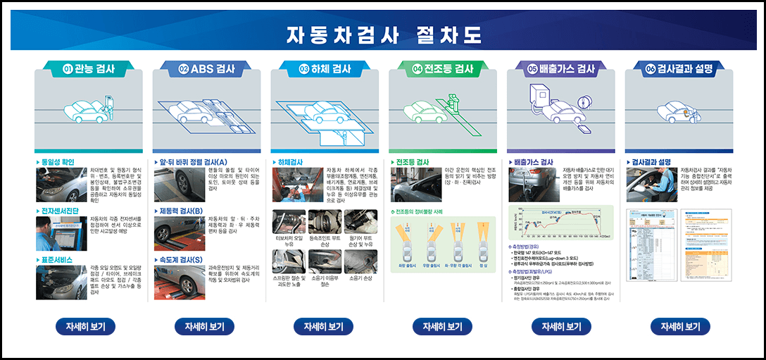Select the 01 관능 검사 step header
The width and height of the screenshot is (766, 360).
pos(89,69)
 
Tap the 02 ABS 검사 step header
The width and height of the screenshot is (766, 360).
pos(206,69)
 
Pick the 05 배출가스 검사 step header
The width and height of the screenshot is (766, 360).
pos(561,69)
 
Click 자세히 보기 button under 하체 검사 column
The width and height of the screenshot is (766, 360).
pos(323,327)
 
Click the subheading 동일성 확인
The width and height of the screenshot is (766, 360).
pos(57,162)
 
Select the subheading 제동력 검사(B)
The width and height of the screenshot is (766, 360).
pos(181,211)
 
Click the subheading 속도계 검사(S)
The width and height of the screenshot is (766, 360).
pos(181,259)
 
